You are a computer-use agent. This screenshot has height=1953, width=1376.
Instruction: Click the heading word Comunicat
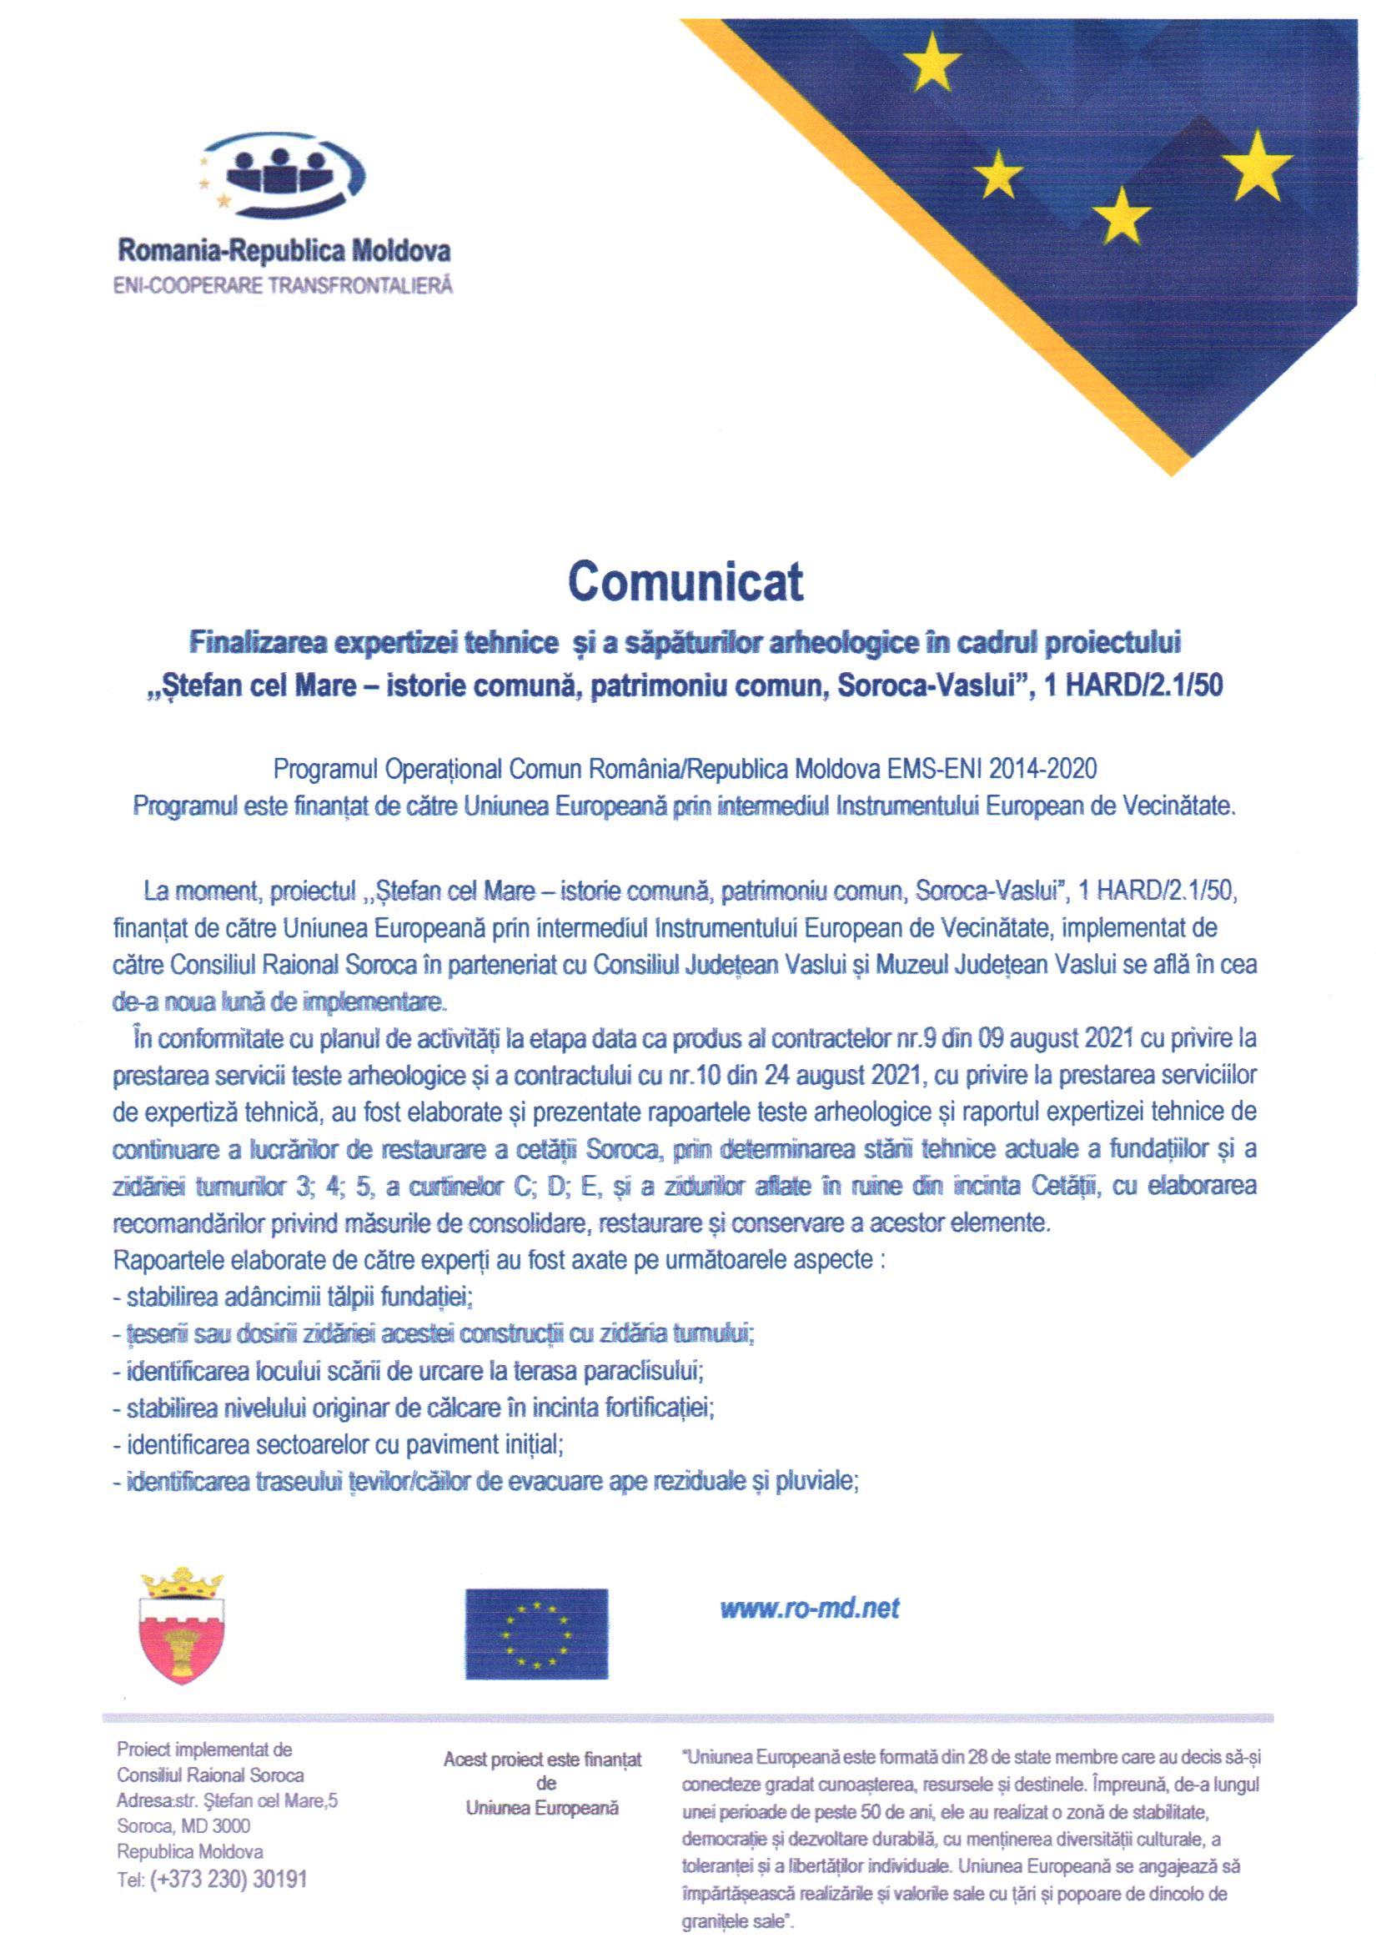[x=685, y=582]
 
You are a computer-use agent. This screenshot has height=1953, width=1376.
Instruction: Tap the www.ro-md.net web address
[x=809, y=1609]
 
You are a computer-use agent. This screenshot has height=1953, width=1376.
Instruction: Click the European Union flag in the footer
[x=535, y=1633]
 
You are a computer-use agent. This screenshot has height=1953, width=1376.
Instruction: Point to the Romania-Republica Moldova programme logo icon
[x=281, y=174]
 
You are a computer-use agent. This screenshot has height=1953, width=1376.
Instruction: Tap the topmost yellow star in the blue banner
[x=932, y=61]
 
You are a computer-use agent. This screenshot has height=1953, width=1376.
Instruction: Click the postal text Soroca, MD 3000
[x=183, y=1825]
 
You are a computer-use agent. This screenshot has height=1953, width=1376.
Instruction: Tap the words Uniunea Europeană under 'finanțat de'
[x=542, y=1810]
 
